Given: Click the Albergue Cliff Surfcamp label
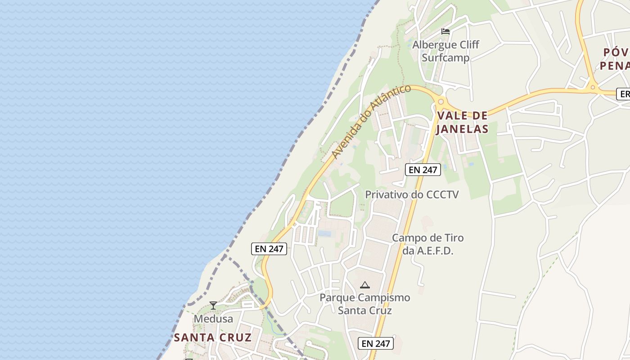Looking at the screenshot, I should point(446,51).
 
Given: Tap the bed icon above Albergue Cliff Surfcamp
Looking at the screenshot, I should point(445,31).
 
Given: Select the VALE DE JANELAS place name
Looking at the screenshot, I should point(463,122).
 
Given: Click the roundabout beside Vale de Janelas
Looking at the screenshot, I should point(440,102).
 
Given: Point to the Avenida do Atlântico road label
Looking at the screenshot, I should point(371,121).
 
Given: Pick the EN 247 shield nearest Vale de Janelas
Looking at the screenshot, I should point(423,170).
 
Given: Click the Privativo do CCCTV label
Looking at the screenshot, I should point(412,194).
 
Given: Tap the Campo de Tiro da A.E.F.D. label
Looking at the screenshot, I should point(427,244).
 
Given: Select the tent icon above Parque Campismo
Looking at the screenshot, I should point(365,285).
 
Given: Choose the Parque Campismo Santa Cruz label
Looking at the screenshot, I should point(365,304).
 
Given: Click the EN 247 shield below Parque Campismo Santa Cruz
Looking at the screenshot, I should point(376,343).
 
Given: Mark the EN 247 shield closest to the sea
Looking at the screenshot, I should point(269,249).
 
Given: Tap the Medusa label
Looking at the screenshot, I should point(213,319).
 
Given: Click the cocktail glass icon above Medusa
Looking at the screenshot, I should point(213,306).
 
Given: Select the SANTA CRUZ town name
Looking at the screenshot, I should point(212,337).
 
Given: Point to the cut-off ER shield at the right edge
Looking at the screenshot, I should point(624,94).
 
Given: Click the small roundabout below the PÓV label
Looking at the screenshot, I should point(593,87).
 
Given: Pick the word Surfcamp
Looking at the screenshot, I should point(445,58).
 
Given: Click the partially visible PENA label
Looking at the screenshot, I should point(614,66).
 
